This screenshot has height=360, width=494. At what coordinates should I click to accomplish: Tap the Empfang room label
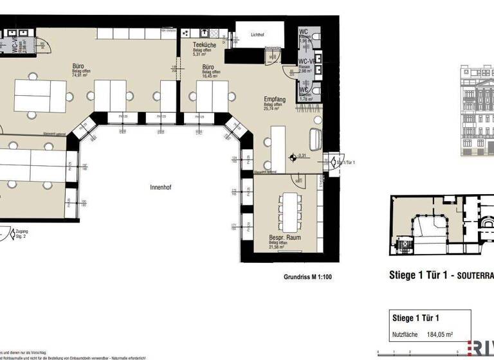point(275,100)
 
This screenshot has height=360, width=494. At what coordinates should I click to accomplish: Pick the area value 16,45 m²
point(211,76)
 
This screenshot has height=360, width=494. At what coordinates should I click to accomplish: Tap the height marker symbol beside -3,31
point(293,156)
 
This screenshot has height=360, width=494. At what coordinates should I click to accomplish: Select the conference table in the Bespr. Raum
point(289,212)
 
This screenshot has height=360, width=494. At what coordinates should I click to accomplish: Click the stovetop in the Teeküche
point(187,33)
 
